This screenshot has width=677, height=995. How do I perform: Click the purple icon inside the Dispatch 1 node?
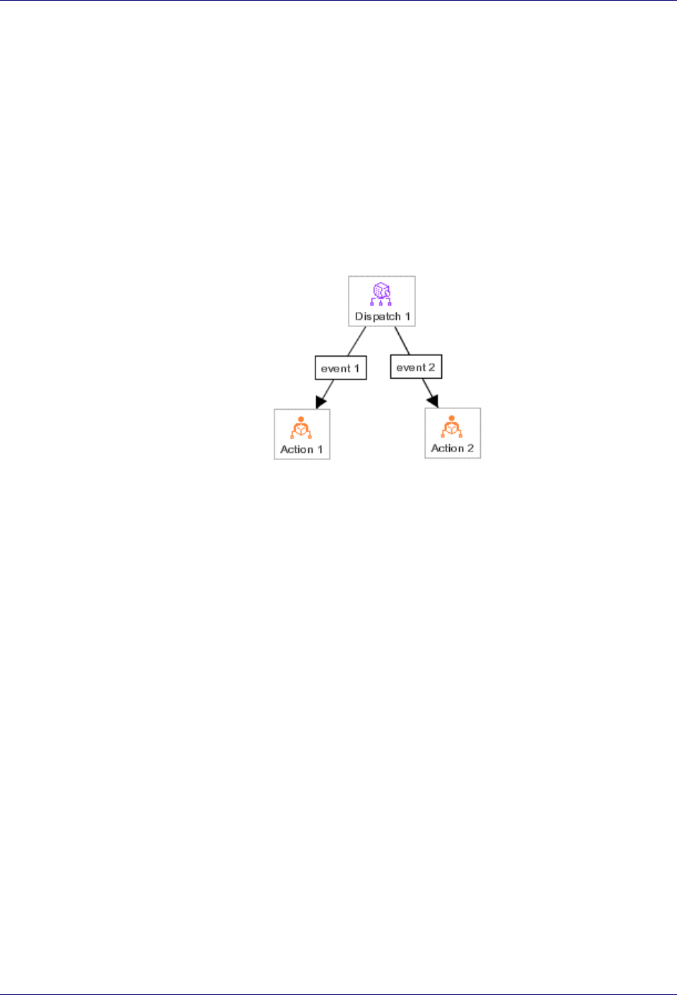click(382, 294)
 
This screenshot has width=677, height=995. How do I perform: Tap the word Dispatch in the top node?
click(377, 316)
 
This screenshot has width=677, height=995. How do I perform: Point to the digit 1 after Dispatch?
click(407, 316)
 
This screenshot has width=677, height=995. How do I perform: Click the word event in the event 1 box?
click(336, 369)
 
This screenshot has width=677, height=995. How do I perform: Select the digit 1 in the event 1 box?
click(357, 369)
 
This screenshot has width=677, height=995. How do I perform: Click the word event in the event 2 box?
click(411, 367)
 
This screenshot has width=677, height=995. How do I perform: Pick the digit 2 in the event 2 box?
click(432, 367)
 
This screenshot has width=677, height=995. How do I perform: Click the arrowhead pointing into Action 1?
click(321, 402)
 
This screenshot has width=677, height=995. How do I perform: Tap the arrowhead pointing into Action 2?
click(433, 400)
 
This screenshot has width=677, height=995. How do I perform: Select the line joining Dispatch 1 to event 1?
click(357, 341)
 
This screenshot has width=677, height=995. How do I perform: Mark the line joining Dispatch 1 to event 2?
click(402, 341)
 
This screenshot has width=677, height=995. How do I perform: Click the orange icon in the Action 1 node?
click(302, 428)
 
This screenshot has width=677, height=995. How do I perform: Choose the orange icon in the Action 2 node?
click(452, 427)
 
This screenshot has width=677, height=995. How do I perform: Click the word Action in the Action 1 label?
click(297, 449)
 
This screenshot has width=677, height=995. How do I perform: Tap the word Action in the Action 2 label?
click(447, 448)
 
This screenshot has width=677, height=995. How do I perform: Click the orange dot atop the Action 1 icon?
click(302, 419)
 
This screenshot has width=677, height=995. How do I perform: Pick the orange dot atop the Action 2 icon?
click(452, 418)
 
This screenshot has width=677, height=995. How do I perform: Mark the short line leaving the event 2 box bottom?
click(425, 385)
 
